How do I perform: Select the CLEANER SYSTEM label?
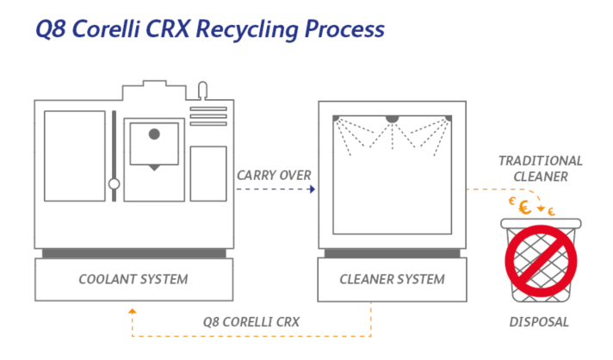(392, 279)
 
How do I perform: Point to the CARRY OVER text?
(274, 176)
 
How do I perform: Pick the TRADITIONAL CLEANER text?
(540, 169)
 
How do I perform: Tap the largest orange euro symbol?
(523, 207)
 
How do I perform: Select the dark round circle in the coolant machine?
(154, 133)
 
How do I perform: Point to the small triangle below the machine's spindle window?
(153, 167)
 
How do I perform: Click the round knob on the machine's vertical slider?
(113, 183)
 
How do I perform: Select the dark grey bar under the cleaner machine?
(392, 253)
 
